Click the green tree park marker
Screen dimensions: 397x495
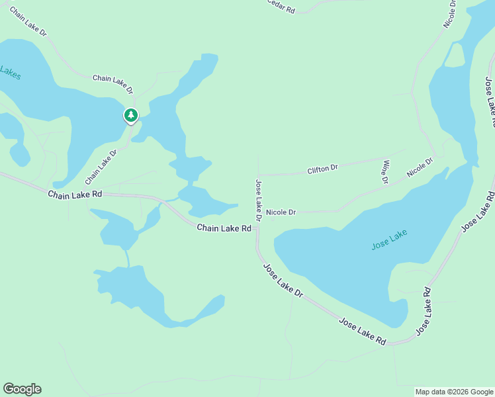[x=131, y=116]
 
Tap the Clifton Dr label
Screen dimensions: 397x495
[x=322, y=169]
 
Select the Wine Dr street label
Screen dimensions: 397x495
[x=384, y=171]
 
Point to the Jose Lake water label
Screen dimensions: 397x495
[x=389, y=240]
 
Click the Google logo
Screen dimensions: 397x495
[x=22, y=389]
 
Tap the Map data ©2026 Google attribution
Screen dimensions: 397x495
[x=454, y=392]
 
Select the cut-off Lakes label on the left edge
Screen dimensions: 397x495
[x=10, y=73]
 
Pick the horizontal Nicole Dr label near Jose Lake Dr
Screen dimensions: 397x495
[x=281, y=212]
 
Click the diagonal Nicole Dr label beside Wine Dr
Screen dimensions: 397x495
[x=420, y=167]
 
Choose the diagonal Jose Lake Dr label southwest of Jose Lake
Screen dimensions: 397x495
[x=283, y=281]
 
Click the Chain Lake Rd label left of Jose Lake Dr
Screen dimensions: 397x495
[x=224, y=228]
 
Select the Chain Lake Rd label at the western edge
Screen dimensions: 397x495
[x=75, y=195]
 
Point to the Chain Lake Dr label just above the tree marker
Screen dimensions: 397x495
[x=112, y=83]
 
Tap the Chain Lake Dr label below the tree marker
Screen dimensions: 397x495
[x=101, y=167]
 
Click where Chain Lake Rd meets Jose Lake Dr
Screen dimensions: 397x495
[x=257, y=230]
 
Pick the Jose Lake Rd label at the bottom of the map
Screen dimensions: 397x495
[x=362, y=331]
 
